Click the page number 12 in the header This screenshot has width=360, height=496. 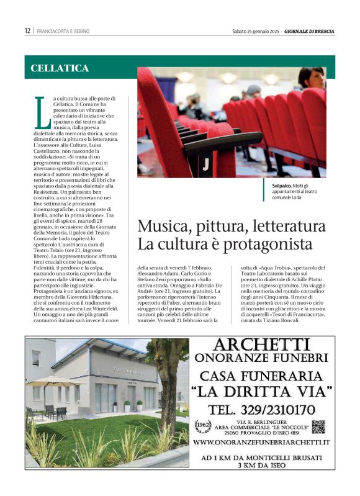pos(27,30)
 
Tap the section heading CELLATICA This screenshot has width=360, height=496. pos(60,68)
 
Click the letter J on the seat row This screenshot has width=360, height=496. pos(205,165)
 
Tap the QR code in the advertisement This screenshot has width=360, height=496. pos(318,426)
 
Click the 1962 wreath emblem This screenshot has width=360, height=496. pos(203,425)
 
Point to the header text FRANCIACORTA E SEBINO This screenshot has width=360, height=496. pos(63,30)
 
